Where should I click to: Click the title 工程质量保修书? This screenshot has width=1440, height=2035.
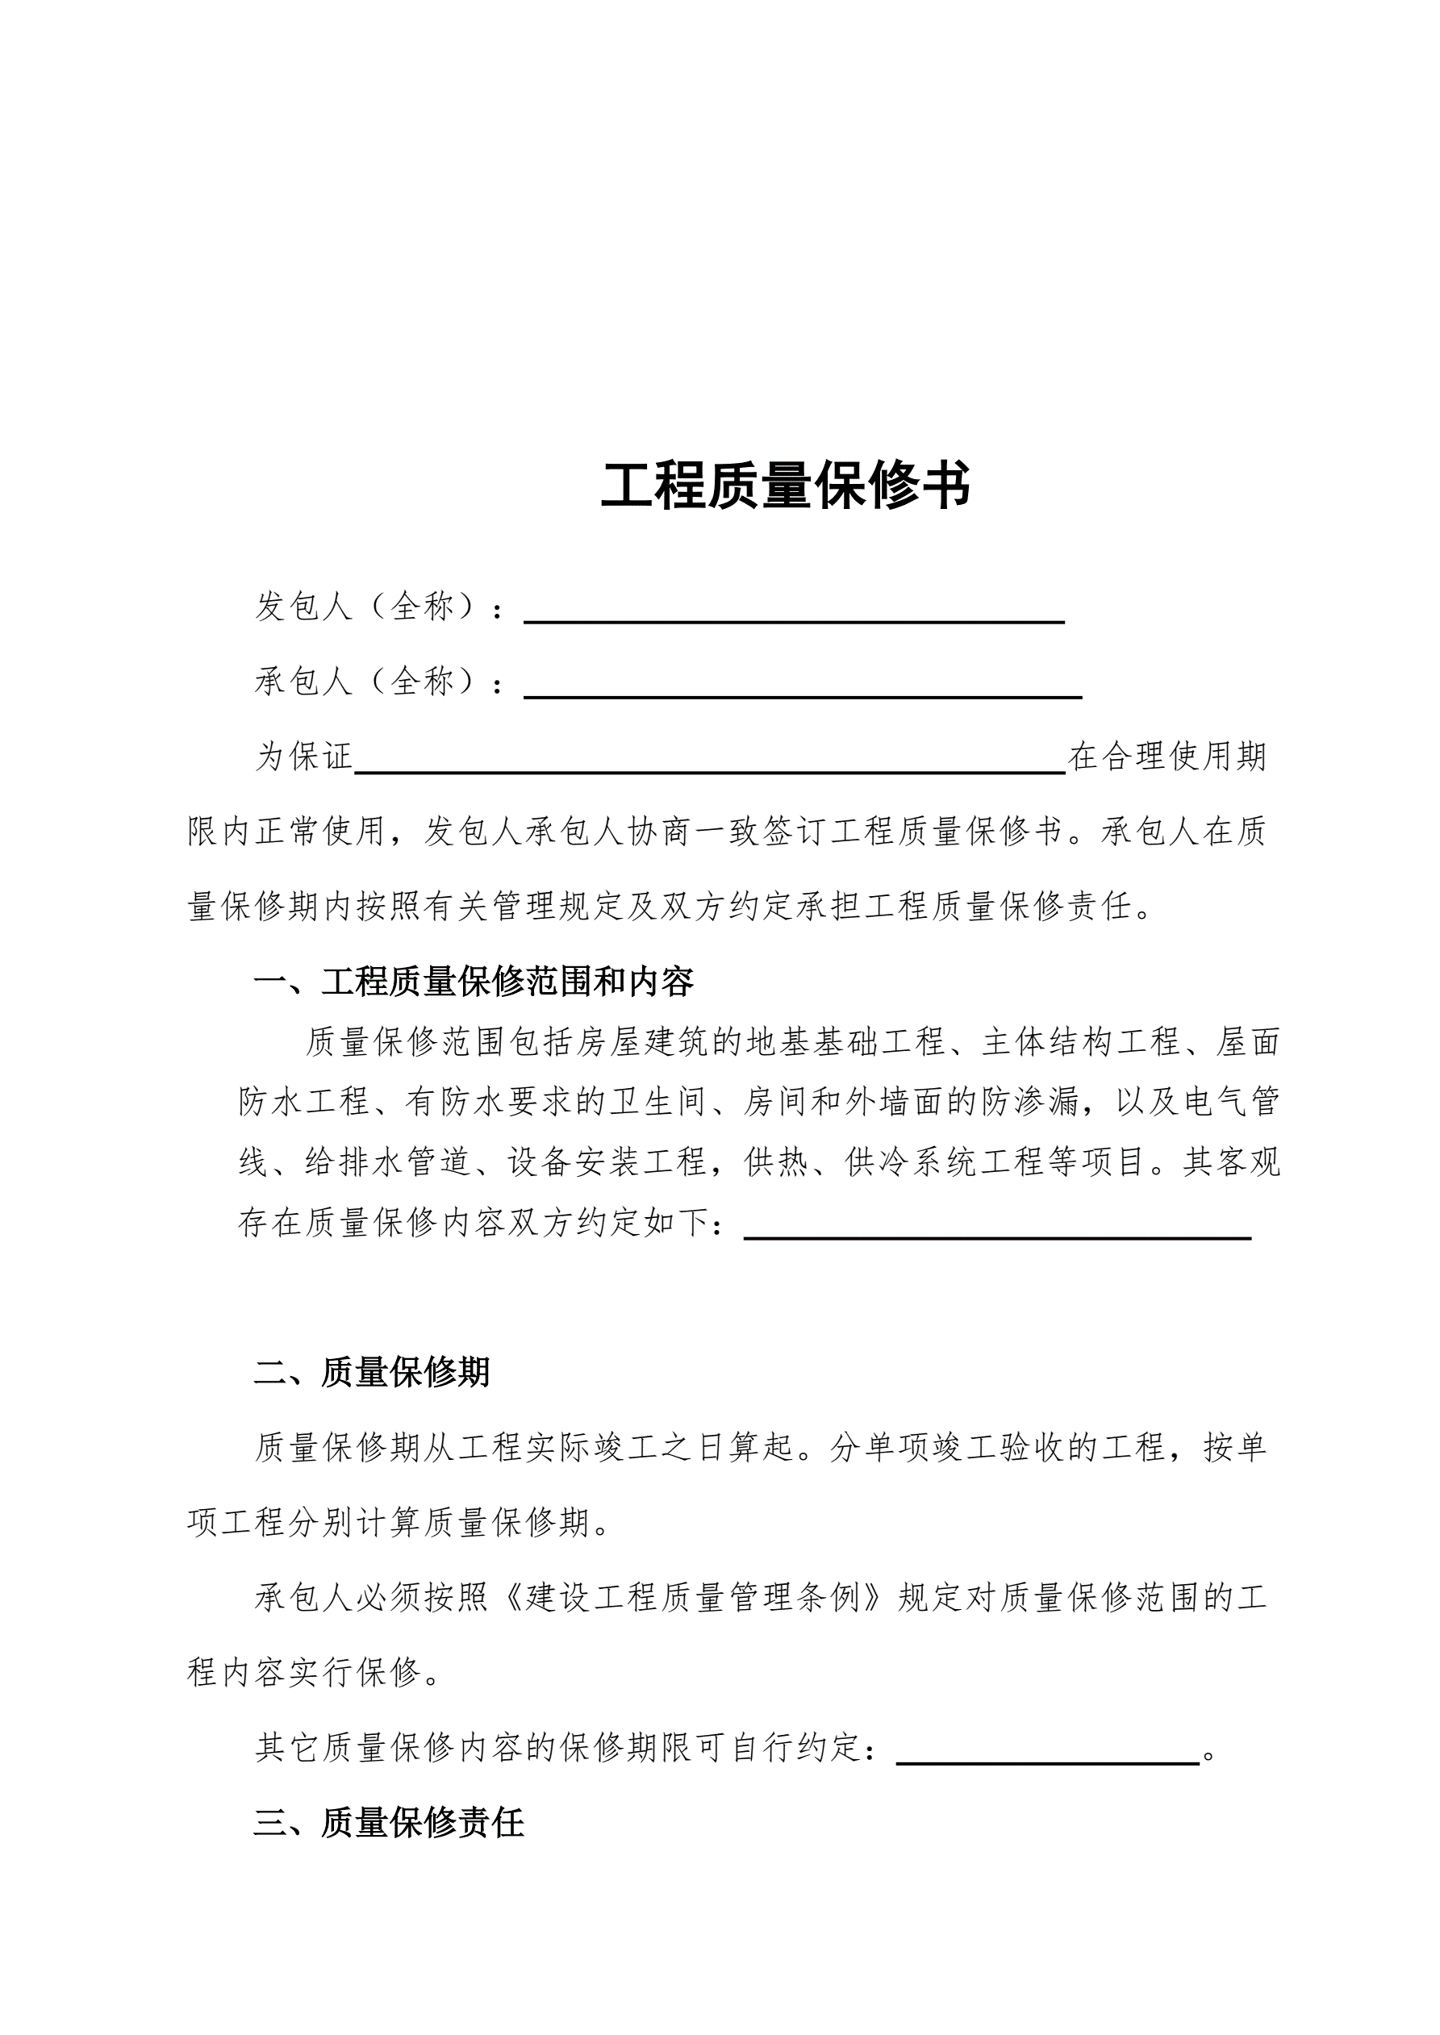pyautogui.click(x=786, y=486)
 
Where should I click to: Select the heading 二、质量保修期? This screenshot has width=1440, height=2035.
pyautogui.click(x=372, y=1372)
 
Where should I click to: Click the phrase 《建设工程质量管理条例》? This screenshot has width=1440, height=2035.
pyautogui.click(x=692, y=1598)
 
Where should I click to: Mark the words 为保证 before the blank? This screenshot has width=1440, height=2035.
pyautogui.click(x=304, y=757)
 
